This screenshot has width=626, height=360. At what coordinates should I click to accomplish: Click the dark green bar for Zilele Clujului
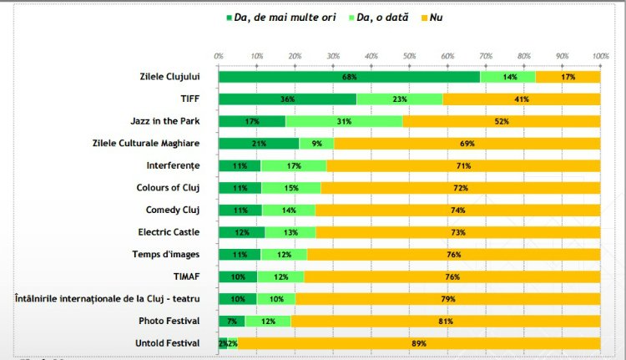(349, 77)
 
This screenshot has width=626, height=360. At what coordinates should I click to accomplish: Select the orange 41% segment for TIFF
(522, 99)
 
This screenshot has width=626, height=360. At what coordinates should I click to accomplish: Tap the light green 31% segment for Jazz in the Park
(344, 121)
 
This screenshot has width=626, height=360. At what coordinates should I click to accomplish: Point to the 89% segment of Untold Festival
(419, 343)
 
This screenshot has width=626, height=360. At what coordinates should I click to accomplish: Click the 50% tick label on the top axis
(409, 56)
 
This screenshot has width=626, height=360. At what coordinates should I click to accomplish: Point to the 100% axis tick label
(600, 56)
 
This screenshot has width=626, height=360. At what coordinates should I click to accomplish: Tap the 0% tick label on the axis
(219, 56)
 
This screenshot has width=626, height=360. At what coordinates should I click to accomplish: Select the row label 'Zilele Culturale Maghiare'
(146, 144)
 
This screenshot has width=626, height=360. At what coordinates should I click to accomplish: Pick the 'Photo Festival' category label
(172, 321)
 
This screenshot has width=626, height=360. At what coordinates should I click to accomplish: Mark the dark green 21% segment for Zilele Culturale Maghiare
(259, 144)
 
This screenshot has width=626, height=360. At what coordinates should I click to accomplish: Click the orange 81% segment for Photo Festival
(446, 321)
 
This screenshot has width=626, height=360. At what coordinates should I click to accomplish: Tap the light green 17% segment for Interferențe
(293, 165)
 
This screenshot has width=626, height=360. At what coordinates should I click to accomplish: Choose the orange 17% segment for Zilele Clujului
(568, 77)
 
